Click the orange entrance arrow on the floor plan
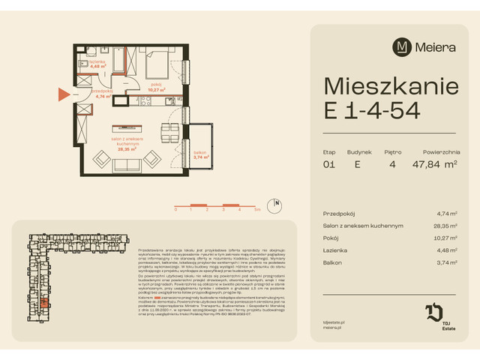pyautogui.click(x=63, y=94)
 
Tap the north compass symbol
pyautogui.click(x=277, y=203)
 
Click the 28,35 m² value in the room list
pyautogui.click(x=448, y=226)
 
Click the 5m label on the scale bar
pyautogui.click(x=257, y=211)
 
